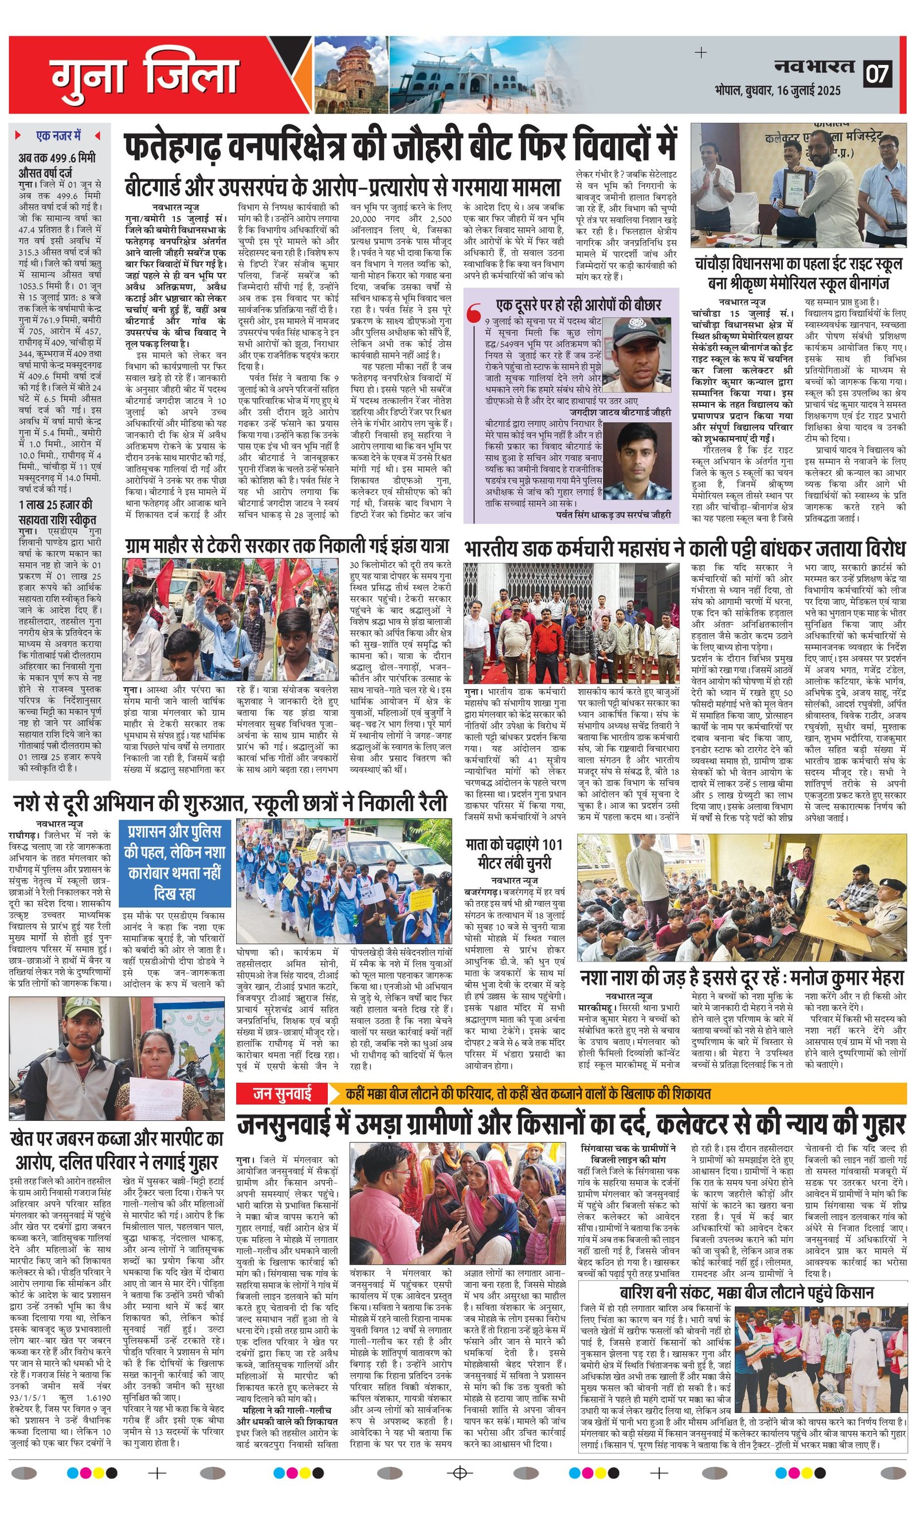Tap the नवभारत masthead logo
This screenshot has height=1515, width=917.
pyautogui.click(x=814, y=66)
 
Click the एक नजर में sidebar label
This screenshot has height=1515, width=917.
pyautogui.click(x=58, y=135)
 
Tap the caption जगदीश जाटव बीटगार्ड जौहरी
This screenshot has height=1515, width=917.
pyautogui.click(x=620, y=412)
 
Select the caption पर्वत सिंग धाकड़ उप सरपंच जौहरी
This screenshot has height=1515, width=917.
pyautogui.click(x=613, y=514)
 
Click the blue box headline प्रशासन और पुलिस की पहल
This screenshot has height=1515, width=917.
pyautogui.click(x=175, y=862)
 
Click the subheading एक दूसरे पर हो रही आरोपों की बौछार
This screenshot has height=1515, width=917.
pyautogui.click(x=578, y=304)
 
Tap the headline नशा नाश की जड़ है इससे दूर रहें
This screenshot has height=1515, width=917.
pyautogui.click(x=741, y=978)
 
